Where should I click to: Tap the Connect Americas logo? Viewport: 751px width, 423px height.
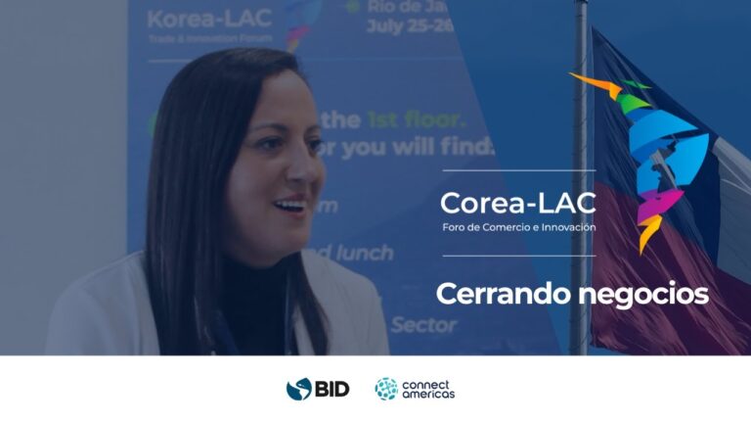point(415,389)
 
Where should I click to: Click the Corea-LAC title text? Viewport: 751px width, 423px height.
point(517,204)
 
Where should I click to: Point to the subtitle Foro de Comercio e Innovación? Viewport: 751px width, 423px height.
point(517,227)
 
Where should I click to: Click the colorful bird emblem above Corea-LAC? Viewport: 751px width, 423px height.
point(641,157)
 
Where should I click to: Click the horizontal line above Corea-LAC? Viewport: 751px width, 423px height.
point(517,171)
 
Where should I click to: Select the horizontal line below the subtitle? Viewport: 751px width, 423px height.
point(517,256)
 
